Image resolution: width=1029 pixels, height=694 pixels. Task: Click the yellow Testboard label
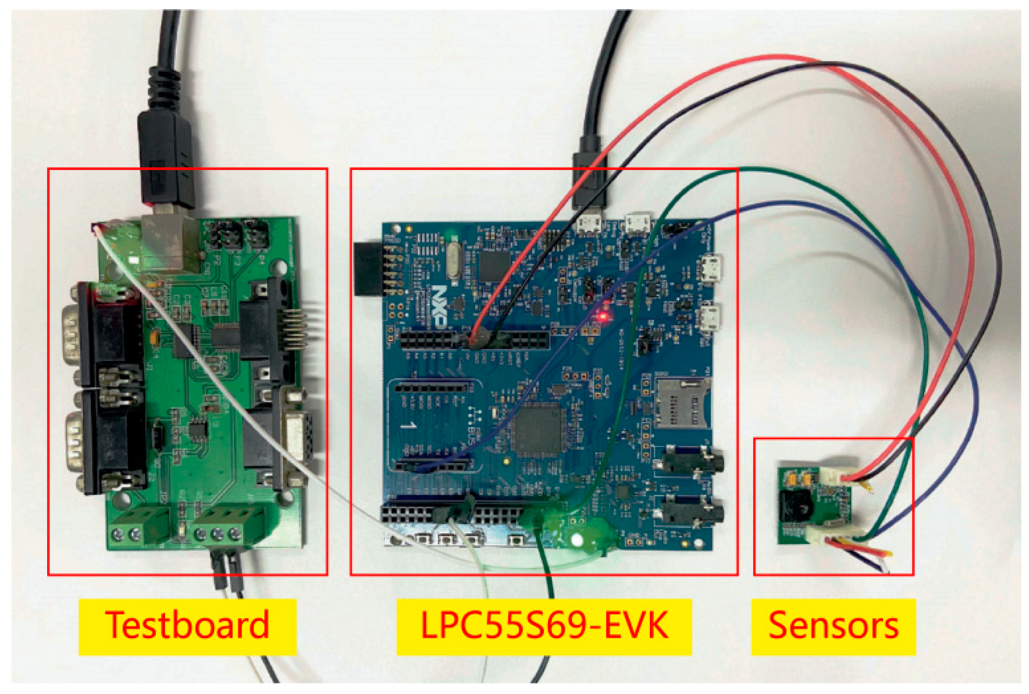(x=187, y=626)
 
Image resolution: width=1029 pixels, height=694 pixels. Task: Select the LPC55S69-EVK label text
(x=544, y=626)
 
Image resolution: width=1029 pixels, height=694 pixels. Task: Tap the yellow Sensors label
(x=833, y=626)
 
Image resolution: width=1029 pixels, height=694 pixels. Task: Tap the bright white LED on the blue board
(x=577, y=539)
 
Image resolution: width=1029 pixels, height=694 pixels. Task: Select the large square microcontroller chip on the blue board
(x=538, y=430)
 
